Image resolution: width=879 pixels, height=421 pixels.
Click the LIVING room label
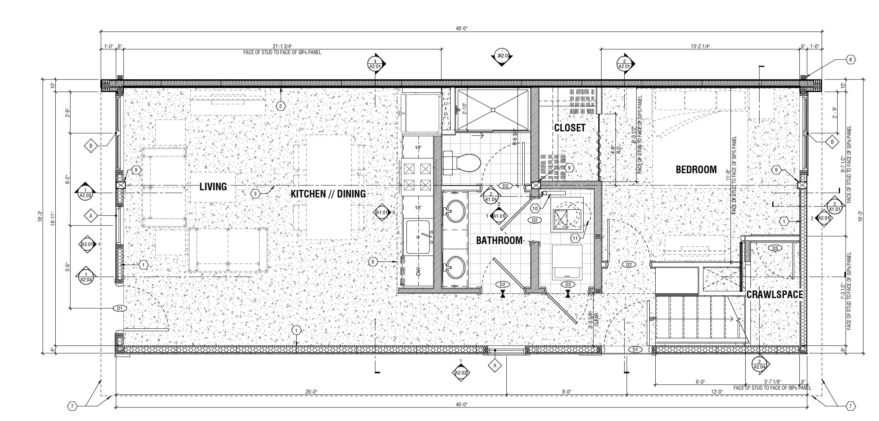pyautogui.click(x=213, y=186)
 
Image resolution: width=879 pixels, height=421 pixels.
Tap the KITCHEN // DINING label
pyautogui.click(x=328, y=194)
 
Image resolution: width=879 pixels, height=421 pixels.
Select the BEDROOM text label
pyautogui.click(x=696, y=170)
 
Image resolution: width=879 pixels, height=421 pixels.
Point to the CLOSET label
pyautogui.click(x=570, y=128)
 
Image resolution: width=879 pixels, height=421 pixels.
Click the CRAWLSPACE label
pyautogui.click(x=774, y=294)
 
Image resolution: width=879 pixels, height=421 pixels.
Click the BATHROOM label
pyautogui.click(x=499, y=240)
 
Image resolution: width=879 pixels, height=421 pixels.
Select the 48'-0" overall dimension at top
pyautogui.click(x=461, y=28)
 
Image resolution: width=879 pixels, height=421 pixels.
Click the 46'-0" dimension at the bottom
pyautogui.click(x=461, y=404)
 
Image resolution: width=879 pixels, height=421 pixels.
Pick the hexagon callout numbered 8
pyautogui.click(x=851, y=60)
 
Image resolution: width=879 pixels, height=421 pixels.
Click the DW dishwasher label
pyautogui.click(x=418, y=273)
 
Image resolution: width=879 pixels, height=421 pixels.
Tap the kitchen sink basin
pyautogui.click(x=418, y=237)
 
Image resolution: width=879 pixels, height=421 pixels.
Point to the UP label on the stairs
pyautogui.click(x=652, y=319)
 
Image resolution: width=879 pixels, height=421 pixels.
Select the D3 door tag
pyautogui.click(x=775, y=248)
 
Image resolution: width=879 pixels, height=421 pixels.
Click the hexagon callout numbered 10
pyautogui.click(x=535, y=208)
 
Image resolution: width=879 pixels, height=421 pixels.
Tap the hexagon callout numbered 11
pyautogui.click(x=575, y=238)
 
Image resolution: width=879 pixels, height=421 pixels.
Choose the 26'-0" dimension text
pyautogui.click(x=311, y=392)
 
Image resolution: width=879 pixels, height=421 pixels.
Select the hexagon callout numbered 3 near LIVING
pyautogui.click(x=256, y=194)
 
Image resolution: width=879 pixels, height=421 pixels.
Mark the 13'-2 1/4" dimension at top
pyautogui.click(x=700, y=46)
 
